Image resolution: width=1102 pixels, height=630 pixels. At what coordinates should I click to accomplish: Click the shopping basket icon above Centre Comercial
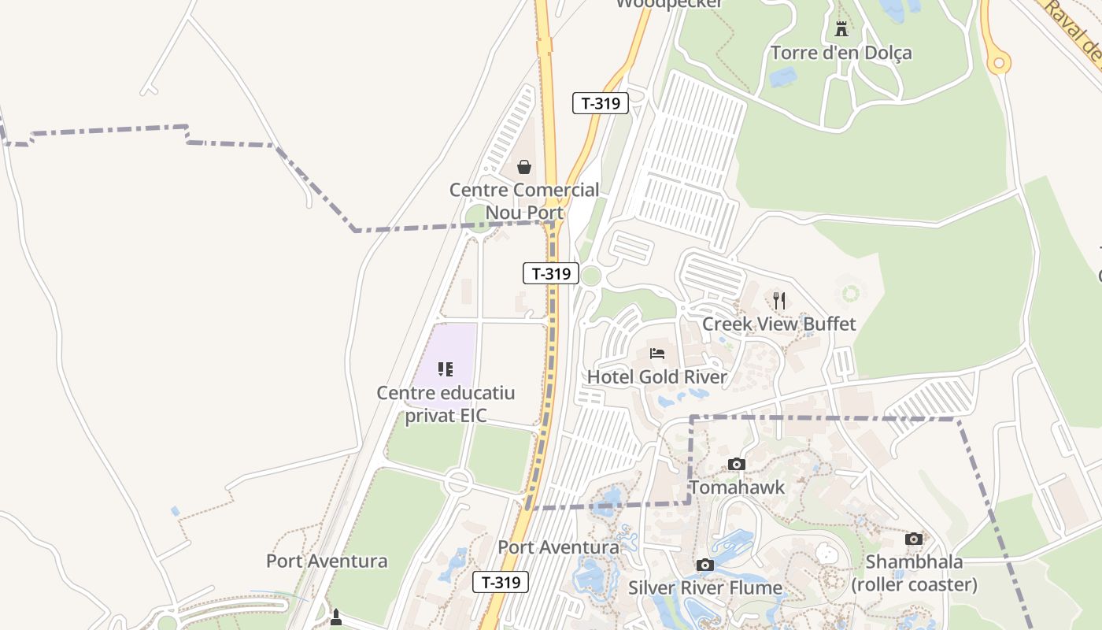point(523,167)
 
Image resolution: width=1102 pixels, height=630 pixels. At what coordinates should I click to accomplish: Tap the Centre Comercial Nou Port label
point(524,201)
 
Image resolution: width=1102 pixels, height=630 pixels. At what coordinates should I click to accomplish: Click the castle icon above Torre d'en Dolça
point(841,30)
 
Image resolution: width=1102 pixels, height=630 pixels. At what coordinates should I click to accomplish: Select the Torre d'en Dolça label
point(841,53)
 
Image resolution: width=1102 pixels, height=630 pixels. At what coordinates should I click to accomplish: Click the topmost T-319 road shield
point(601,102)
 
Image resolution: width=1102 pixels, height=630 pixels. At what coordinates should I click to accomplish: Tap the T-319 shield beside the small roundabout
point(551,274)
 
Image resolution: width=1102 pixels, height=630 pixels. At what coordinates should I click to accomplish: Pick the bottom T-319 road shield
point(501,583)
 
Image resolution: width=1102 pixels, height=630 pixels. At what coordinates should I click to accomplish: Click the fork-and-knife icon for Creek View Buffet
point(779,300)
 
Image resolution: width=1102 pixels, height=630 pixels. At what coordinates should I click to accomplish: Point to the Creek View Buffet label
point(778,324)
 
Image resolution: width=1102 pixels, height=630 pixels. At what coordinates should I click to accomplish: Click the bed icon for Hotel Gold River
point(657,353)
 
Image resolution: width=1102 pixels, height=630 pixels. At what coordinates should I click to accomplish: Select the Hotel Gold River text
point(657,377)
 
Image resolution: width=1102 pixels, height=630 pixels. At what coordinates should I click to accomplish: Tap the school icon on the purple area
point(446,369)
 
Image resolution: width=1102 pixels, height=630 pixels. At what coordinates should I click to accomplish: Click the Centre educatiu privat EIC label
point(446,404)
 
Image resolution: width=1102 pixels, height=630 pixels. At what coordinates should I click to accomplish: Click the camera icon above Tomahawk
point(737,464)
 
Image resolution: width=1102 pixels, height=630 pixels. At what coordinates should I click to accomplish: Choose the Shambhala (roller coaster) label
point(914,573)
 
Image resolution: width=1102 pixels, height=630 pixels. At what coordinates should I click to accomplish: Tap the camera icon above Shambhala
point(914,539)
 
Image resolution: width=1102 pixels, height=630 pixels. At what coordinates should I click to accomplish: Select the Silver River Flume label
point(705,587)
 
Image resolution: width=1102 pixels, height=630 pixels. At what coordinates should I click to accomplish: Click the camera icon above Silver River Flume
point(705,565)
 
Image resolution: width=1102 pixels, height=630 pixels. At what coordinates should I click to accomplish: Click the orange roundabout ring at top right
point(999,61)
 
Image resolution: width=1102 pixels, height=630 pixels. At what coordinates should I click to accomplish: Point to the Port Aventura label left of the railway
point(327,561)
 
